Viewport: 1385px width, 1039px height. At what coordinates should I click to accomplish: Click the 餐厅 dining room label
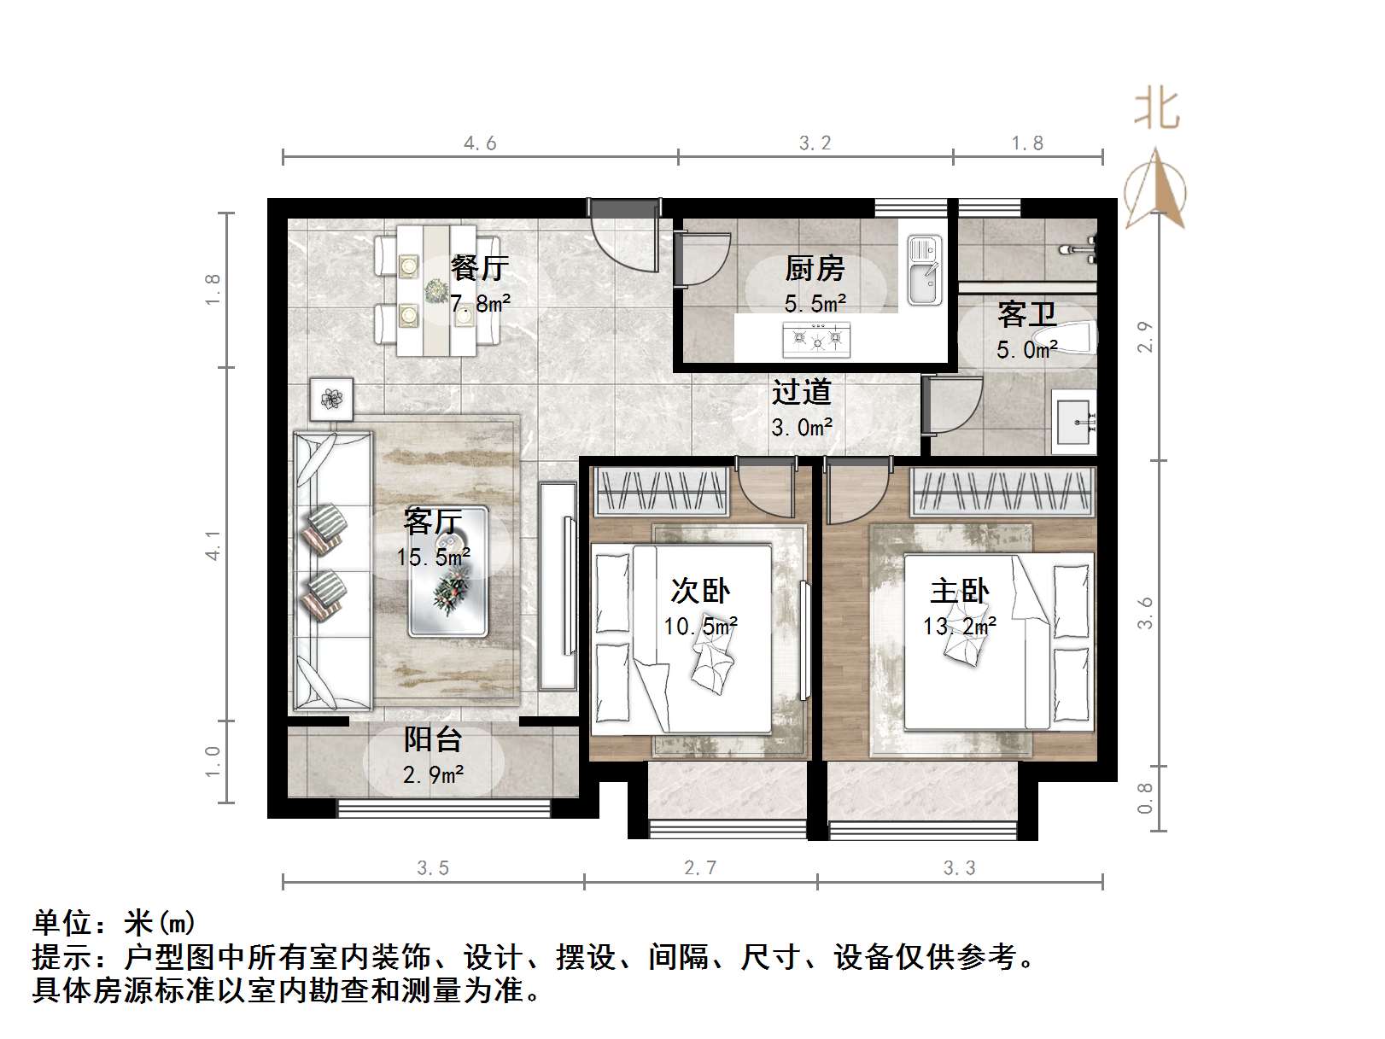(479, 268)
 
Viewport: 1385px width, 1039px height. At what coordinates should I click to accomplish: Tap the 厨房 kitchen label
(815, 268)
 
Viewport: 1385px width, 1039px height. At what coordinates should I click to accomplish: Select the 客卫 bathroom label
(1026, 314)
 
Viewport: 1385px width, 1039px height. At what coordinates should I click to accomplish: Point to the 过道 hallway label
(801, 392)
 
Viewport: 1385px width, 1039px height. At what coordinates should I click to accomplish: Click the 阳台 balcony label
(433, 739)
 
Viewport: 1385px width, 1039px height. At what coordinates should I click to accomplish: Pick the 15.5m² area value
(433, 557)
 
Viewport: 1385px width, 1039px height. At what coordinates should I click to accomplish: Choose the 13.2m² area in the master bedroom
(959, 626)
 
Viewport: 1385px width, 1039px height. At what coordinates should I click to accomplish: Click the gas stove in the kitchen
(816, 339)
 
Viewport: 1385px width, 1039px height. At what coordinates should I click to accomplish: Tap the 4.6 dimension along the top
(480, 143)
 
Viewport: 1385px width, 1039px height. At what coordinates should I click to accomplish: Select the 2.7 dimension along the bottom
(700, 868)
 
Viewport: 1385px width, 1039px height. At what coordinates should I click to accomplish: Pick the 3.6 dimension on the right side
(1145, 612)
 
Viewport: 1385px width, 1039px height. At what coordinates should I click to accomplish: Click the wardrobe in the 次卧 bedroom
(661, 492)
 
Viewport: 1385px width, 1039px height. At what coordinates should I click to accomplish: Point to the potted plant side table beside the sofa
(330, 398)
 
